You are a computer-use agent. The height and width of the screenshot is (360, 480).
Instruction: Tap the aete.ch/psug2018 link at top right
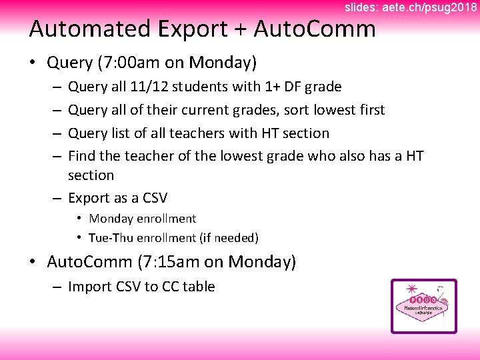click(x=430, y=7)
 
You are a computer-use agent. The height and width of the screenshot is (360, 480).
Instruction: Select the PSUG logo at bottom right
click(x=424, y=306)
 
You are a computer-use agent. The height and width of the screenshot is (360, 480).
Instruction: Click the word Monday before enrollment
click(x=111, y=219)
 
